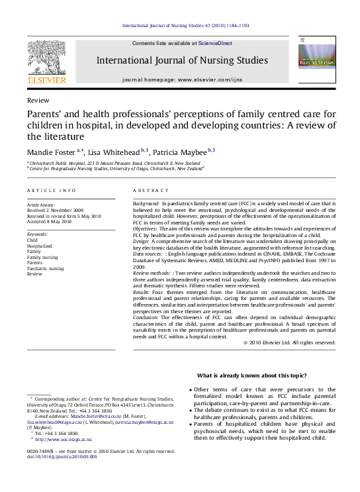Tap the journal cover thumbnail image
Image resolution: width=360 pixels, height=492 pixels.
pos(316,60)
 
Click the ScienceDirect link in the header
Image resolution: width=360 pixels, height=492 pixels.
pos(216,43)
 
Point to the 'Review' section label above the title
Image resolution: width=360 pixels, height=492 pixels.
pos(37,101)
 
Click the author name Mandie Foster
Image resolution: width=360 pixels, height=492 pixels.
pos(52,152)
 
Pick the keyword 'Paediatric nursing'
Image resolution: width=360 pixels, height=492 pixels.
pos(46,268)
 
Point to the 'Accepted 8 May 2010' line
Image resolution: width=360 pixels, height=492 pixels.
pos(51,222)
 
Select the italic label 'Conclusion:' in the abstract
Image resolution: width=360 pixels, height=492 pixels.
pos(148,317)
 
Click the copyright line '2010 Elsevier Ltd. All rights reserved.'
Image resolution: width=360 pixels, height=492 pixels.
pos(291,342)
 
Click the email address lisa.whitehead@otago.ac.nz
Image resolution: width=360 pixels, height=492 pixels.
pos(54,422)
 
